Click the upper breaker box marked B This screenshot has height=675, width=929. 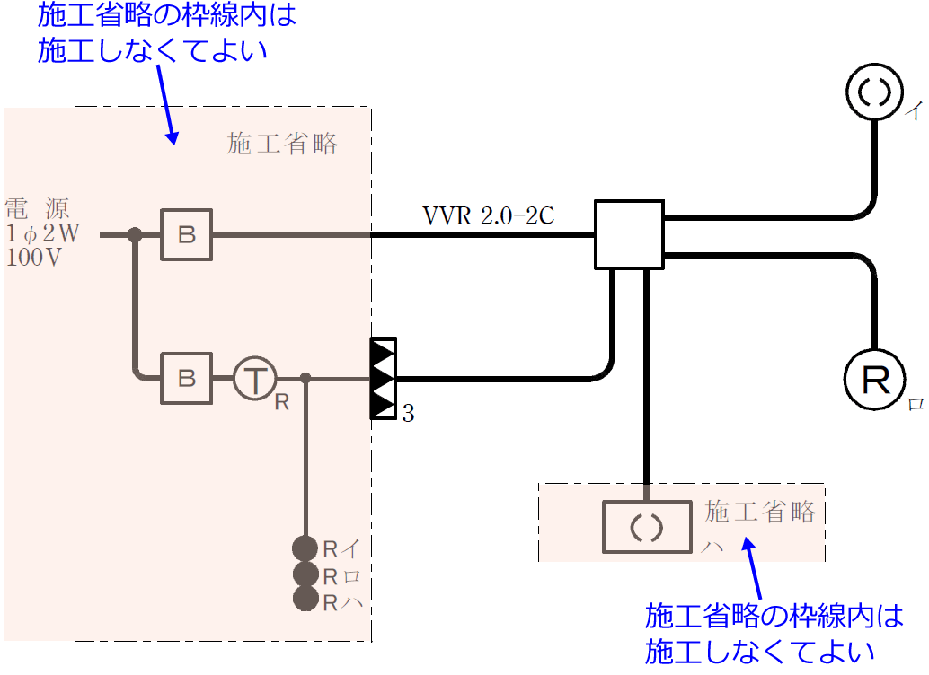point(186,235)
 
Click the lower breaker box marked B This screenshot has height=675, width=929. point(186,378)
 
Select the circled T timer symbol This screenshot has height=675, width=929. point(256,379)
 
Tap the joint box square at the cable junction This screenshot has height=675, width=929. point(629,234)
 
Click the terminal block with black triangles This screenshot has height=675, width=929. point(384,379)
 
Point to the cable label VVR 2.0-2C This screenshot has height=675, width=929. point(488,216)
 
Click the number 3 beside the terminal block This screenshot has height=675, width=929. point(408,414)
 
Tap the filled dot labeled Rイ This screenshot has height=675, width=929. point(305,548)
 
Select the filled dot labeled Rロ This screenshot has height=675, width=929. point(305,574)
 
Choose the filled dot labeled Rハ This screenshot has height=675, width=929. point(305,599)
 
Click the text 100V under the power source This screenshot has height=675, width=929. point(35,257)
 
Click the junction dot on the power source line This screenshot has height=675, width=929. point(135,235)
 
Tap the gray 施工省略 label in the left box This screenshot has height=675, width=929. point(282,145)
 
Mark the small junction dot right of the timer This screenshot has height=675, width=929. point(305,378)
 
